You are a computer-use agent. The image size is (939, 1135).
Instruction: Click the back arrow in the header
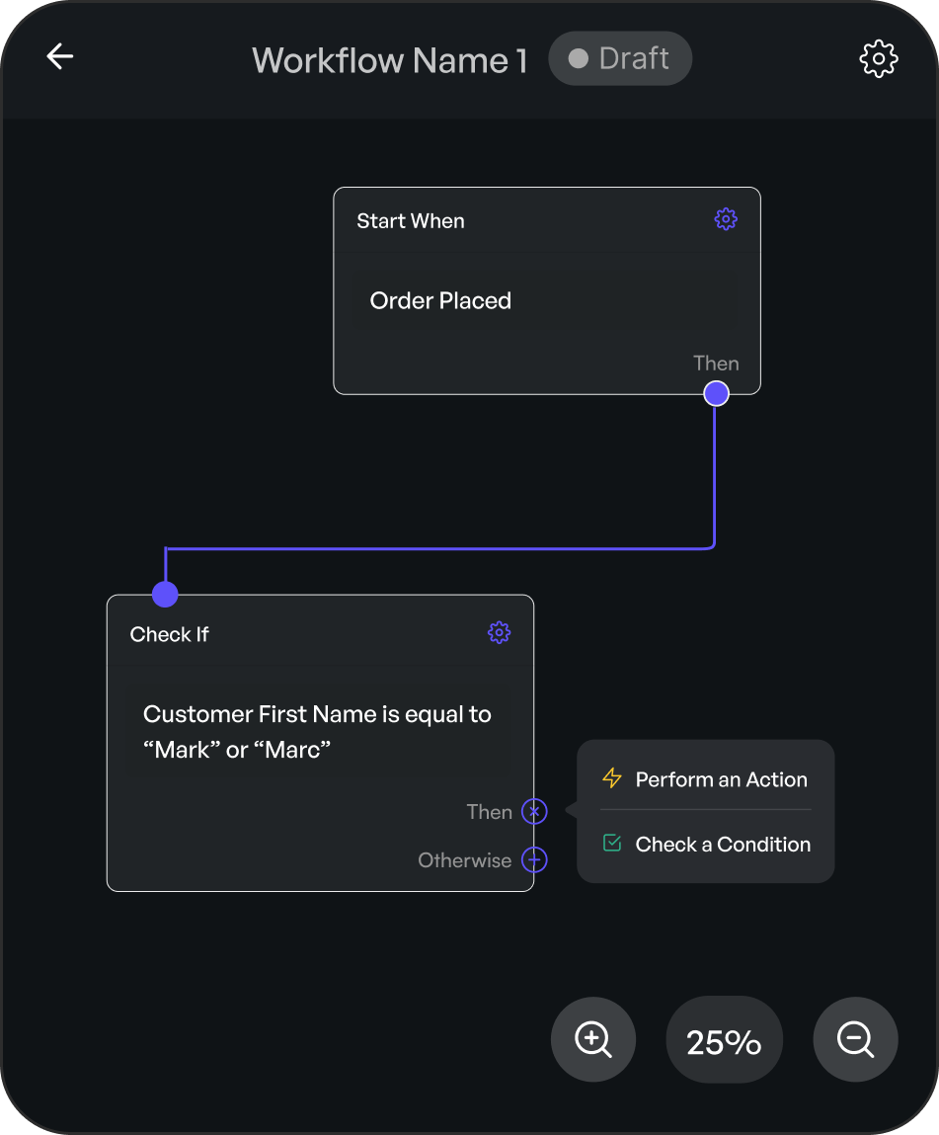click(60, 57)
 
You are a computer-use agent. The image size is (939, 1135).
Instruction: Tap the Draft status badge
click(620, 58)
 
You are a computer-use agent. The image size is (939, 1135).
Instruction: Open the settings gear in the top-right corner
click(878, 59)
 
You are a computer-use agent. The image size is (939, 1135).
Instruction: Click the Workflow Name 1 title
click(390, 60)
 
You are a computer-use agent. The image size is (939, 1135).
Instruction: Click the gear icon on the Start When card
click(726, 219)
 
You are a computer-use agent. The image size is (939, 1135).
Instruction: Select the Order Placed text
click(440, 300)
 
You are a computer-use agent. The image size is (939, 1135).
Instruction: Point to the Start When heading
click(411, 221)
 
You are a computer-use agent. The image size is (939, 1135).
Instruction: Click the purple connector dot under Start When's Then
click(716, 393)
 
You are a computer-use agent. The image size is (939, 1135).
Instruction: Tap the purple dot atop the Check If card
click(165, 594)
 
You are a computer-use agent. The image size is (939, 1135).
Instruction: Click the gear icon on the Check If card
click(500, 633)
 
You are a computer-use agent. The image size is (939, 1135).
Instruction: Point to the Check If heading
click(170, 634)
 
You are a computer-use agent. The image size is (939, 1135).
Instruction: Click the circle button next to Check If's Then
click(534, 812)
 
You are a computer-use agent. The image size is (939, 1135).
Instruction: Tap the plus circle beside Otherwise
click(534, 860)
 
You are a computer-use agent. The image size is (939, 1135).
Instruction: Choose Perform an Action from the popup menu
click(721, 779)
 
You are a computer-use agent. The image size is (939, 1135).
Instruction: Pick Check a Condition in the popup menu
click(723, 845)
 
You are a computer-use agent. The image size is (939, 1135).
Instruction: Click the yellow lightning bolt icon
click(612, 778)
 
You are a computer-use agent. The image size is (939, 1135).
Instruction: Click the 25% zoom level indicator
click(724, 1041)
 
